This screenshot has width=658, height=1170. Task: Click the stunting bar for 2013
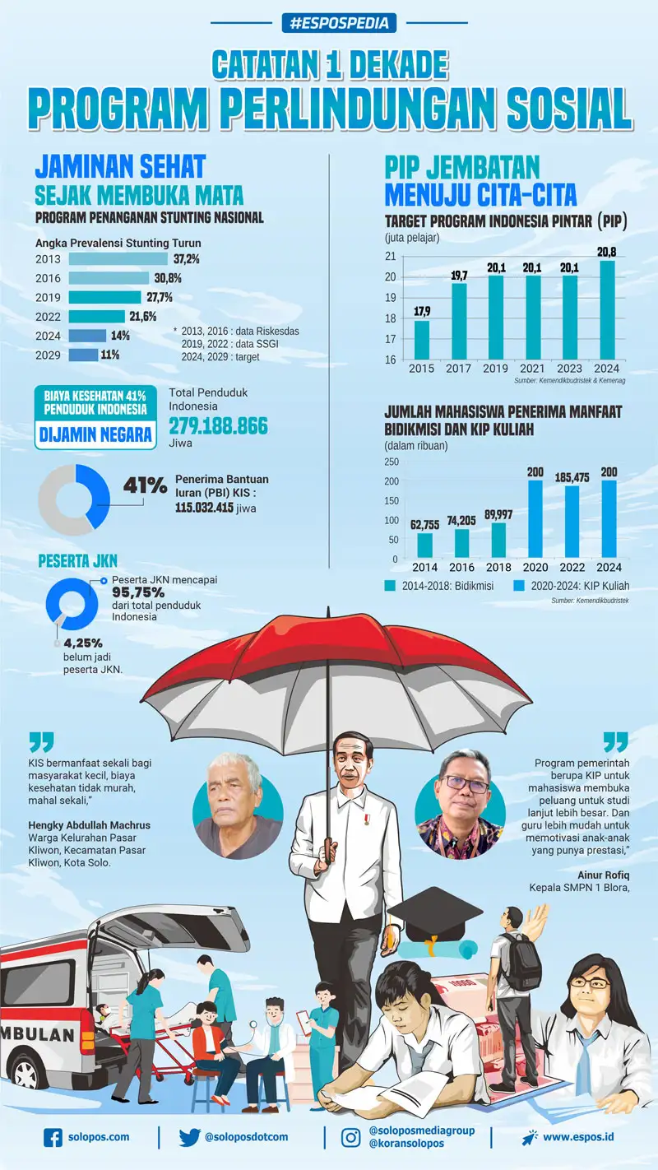pos(118,259)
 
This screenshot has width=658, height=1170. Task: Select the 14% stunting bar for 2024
pos(87,336)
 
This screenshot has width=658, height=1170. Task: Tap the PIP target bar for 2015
pos(422,340)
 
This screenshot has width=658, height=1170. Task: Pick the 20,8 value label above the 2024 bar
pos(607,253)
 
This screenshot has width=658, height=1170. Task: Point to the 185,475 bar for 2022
pos(572,522)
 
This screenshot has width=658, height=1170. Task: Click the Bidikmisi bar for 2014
pos(424,545)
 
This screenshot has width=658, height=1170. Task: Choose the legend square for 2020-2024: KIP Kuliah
pos(518,586)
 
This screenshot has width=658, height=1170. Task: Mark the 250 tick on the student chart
pos(392,462)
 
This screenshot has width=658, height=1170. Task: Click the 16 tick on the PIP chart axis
pos(391,360)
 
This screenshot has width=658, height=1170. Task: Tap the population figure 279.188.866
pos(218,426)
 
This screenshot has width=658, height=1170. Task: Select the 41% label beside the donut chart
pos(146,485)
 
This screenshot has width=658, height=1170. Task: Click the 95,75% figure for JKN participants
pos(138,592)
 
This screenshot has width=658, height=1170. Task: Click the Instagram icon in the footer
pos(350,1138)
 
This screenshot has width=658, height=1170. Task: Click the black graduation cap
pos(435,913)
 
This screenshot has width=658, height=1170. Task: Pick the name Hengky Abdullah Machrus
pos(90,825)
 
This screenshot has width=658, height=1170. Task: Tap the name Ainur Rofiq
pos(604,875)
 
